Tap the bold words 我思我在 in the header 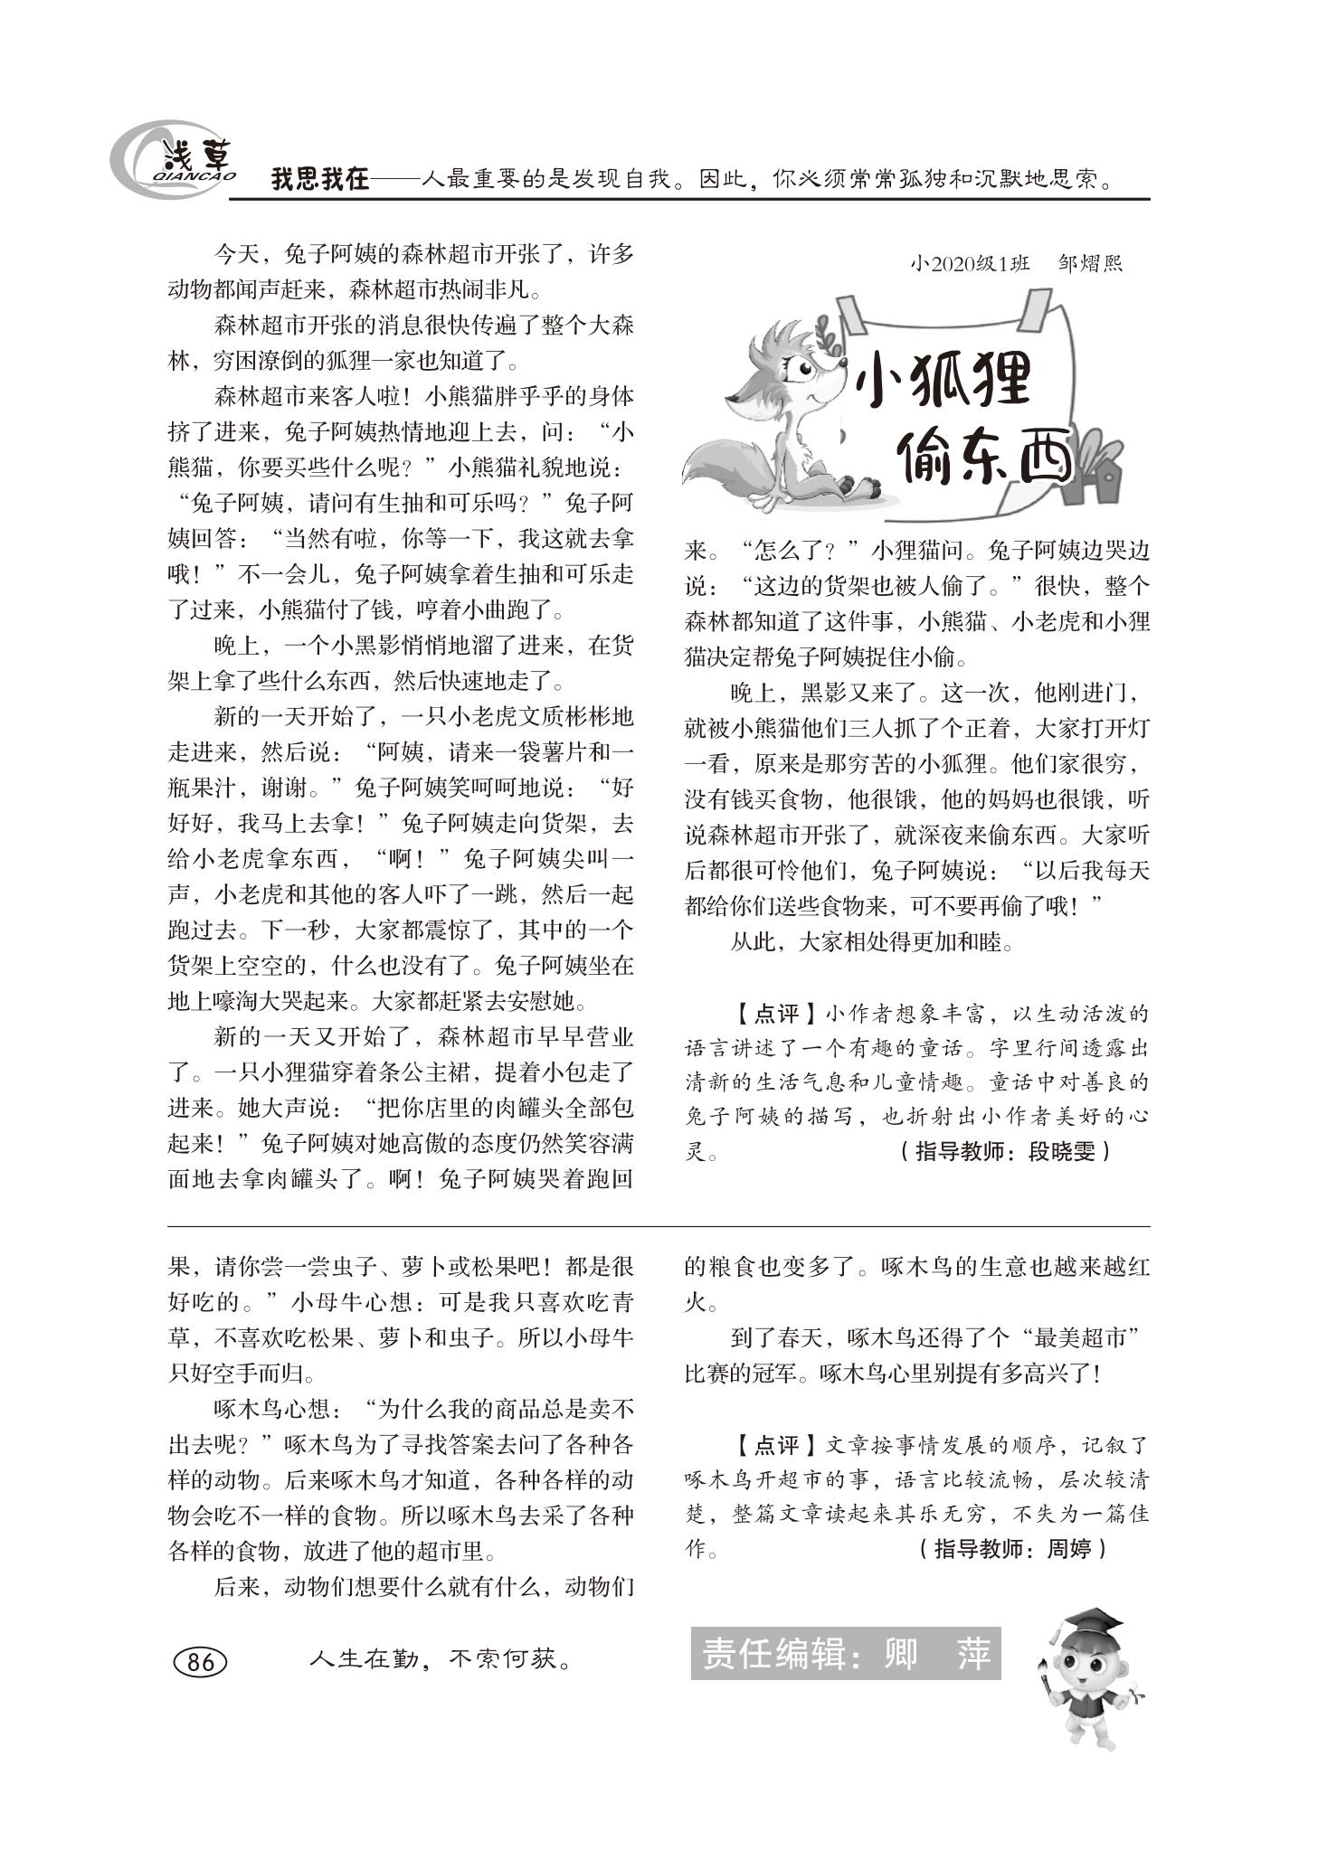[x=320, y=179]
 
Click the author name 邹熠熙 [x=1089, y=264]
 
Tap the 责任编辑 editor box [x=845, y=1655]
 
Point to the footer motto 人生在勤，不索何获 [x=441, y=1660]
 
